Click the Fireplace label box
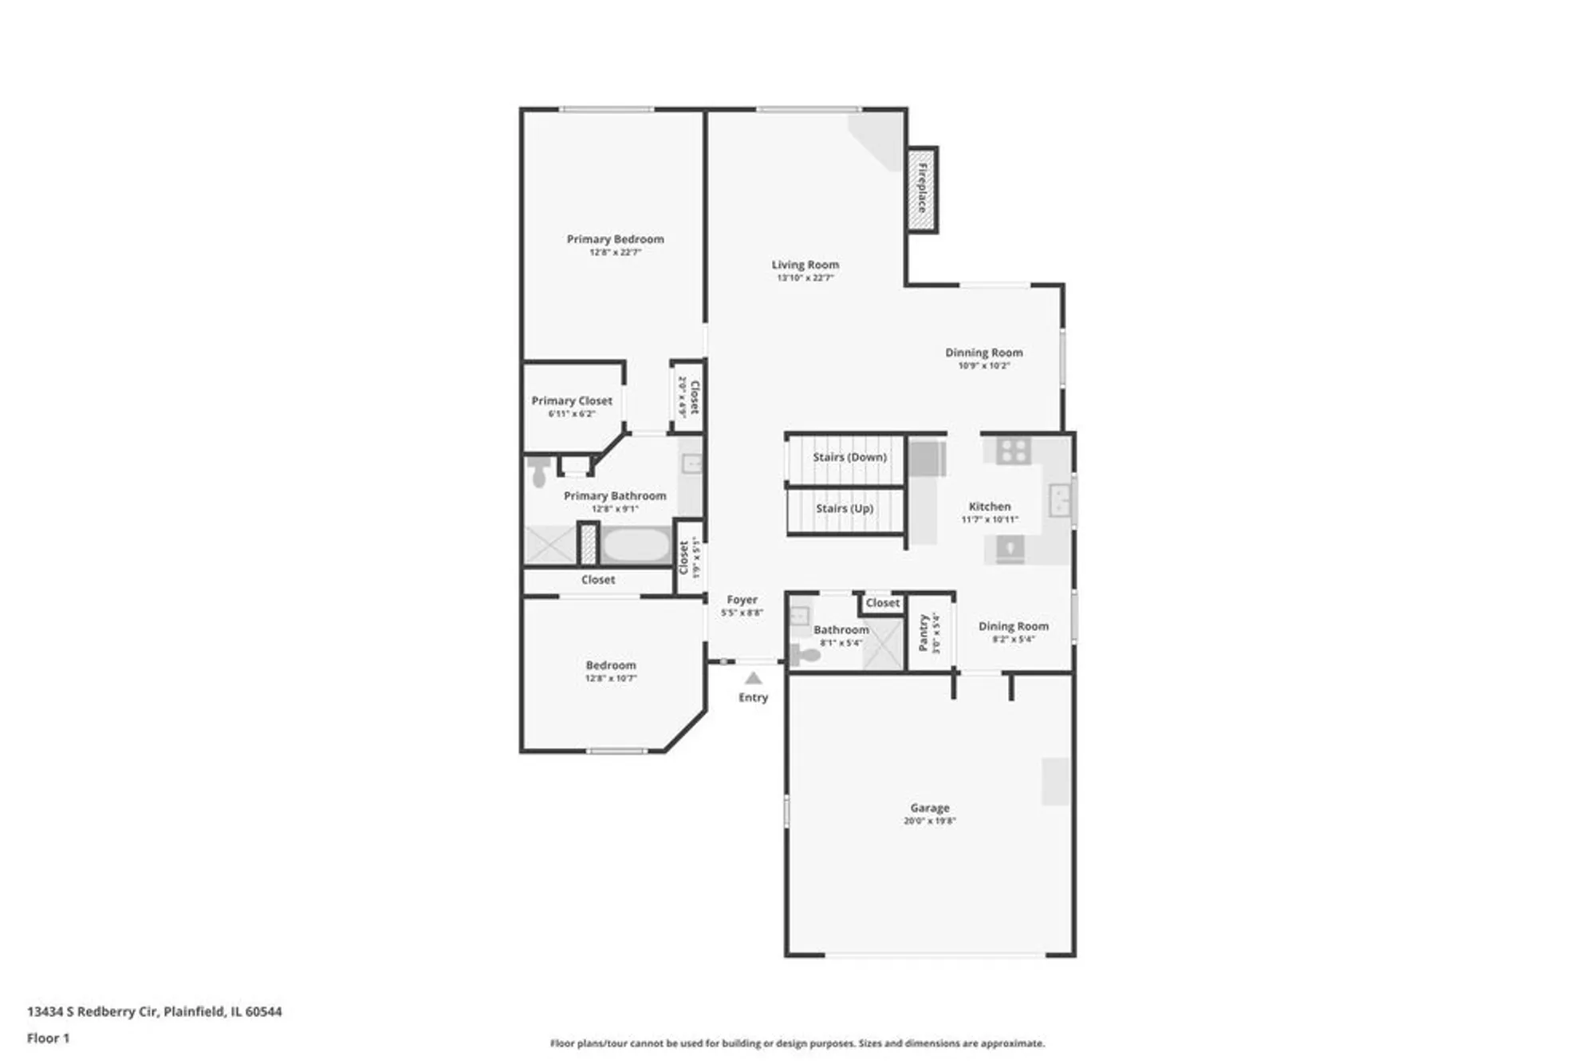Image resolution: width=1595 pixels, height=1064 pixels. (922, 190)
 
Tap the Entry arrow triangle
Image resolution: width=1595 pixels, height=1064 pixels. (753, 679)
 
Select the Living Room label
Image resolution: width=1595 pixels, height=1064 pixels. (805, 265)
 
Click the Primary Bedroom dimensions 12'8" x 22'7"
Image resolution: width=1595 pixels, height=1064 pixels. (615, 253)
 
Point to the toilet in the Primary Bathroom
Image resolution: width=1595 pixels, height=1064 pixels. (538, 471)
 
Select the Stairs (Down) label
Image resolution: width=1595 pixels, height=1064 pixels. (849, 457)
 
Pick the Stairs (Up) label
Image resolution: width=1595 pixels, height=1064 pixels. (845, 508)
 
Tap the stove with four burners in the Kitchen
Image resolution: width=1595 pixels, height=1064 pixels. (1013, 451)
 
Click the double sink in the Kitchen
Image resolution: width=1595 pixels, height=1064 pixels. (1059, 500)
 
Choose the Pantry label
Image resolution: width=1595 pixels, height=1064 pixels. (924, 632)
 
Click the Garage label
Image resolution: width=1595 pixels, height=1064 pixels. (930, 808)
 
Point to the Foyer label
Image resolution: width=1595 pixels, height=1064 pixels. (742, 600)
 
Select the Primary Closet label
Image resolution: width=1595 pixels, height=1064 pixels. (572, 401)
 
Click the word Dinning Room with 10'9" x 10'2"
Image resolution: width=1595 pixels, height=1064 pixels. (983, 353)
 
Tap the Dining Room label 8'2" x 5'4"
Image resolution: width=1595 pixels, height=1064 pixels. (1013, 627)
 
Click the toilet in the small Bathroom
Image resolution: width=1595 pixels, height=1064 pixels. (806, 656)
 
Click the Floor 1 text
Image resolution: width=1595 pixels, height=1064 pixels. (48, 1038)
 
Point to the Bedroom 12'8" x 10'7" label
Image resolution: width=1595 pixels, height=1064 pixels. (611, 665)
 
